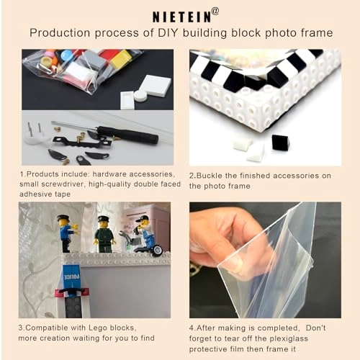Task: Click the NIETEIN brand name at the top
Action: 182,17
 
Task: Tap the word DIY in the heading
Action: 167,33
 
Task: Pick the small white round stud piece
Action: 140,95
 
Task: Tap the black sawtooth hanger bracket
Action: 82,141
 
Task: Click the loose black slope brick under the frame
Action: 279,143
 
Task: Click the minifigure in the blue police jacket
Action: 66,233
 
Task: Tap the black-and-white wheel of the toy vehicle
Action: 158,251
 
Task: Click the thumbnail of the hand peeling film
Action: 265,260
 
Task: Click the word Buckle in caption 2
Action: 210,176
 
